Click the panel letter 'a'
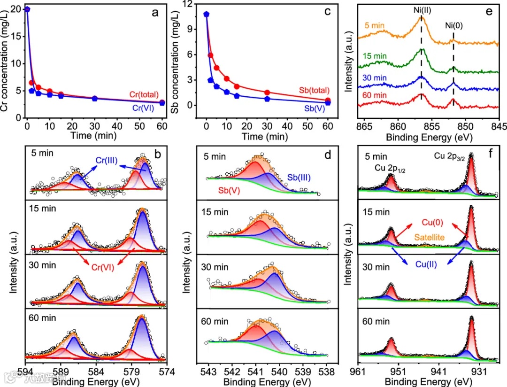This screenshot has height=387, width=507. tap(155, 13)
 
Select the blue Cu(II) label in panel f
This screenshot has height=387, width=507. tap(427, 264)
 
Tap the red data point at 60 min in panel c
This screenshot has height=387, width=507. tap(328, 101)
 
